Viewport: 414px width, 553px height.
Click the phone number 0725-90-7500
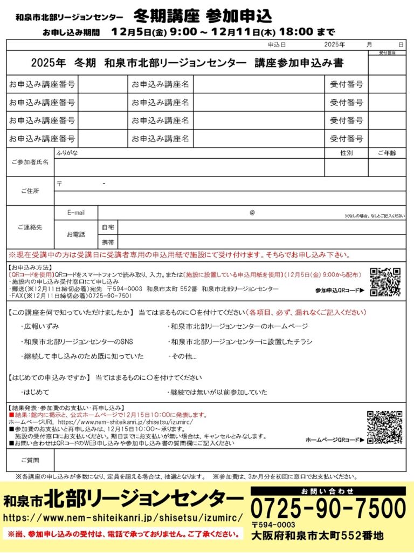[328, 509]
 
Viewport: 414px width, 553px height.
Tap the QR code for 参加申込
[385, 282]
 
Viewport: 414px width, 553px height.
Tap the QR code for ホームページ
[385, 427]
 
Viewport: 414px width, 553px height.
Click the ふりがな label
[67, 153]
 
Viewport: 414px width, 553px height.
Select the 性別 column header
[346, 153]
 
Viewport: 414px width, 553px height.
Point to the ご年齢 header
[387, 153]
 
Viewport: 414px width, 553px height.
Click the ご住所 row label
[30, 191]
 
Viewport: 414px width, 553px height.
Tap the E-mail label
[76, 213]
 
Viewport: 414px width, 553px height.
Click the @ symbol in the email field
[252, 213]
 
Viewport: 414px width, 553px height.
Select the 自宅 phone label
[108, 227]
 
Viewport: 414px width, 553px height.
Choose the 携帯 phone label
[108, 241]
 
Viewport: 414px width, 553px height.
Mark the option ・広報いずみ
[40, 327]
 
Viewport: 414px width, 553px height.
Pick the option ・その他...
[183, 357]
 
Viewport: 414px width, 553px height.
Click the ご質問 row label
[30, 461]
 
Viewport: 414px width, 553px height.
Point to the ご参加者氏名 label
[30, 162]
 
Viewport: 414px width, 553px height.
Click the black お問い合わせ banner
[328, 491]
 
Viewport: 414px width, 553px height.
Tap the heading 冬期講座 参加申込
[203, 14]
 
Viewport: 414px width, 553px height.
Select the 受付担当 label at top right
[387, 53]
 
